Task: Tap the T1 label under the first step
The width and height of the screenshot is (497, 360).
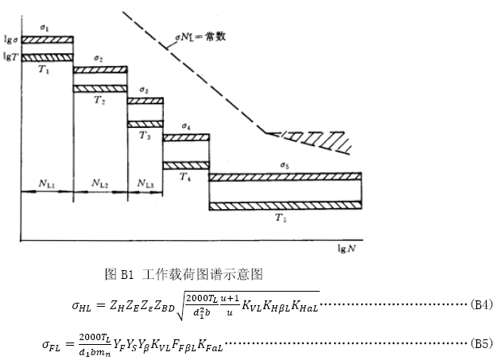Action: pos(45,69)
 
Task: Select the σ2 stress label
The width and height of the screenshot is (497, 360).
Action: pos(98,59)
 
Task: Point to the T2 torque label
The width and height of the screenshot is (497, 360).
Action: pos(99,100)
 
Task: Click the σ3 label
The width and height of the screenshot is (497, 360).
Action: pos(143,91)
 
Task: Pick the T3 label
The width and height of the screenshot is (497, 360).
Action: pos(144,135)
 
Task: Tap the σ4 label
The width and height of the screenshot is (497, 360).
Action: pos(185,126)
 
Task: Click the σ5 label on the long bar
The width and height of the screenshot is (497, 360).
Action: pos(284,165)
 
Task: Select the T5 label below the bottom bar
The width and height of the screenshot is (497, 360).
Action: pos(281,217)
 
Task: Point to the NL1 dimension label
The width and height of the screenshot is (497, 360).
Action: pos(47,184)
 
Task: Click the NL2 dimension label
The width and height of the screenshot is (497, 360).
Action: pos(100,184)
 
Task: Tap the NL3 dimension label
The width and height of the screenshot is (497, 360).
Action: pos(145,184)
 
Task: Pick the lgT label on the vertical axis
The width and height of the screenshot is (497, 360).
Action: pos(11,56)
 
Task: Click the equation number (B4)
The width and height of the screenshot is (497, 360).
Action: pos(481,304)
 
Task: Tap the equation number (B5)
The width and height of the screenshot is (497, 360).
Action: pos(481,343)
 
